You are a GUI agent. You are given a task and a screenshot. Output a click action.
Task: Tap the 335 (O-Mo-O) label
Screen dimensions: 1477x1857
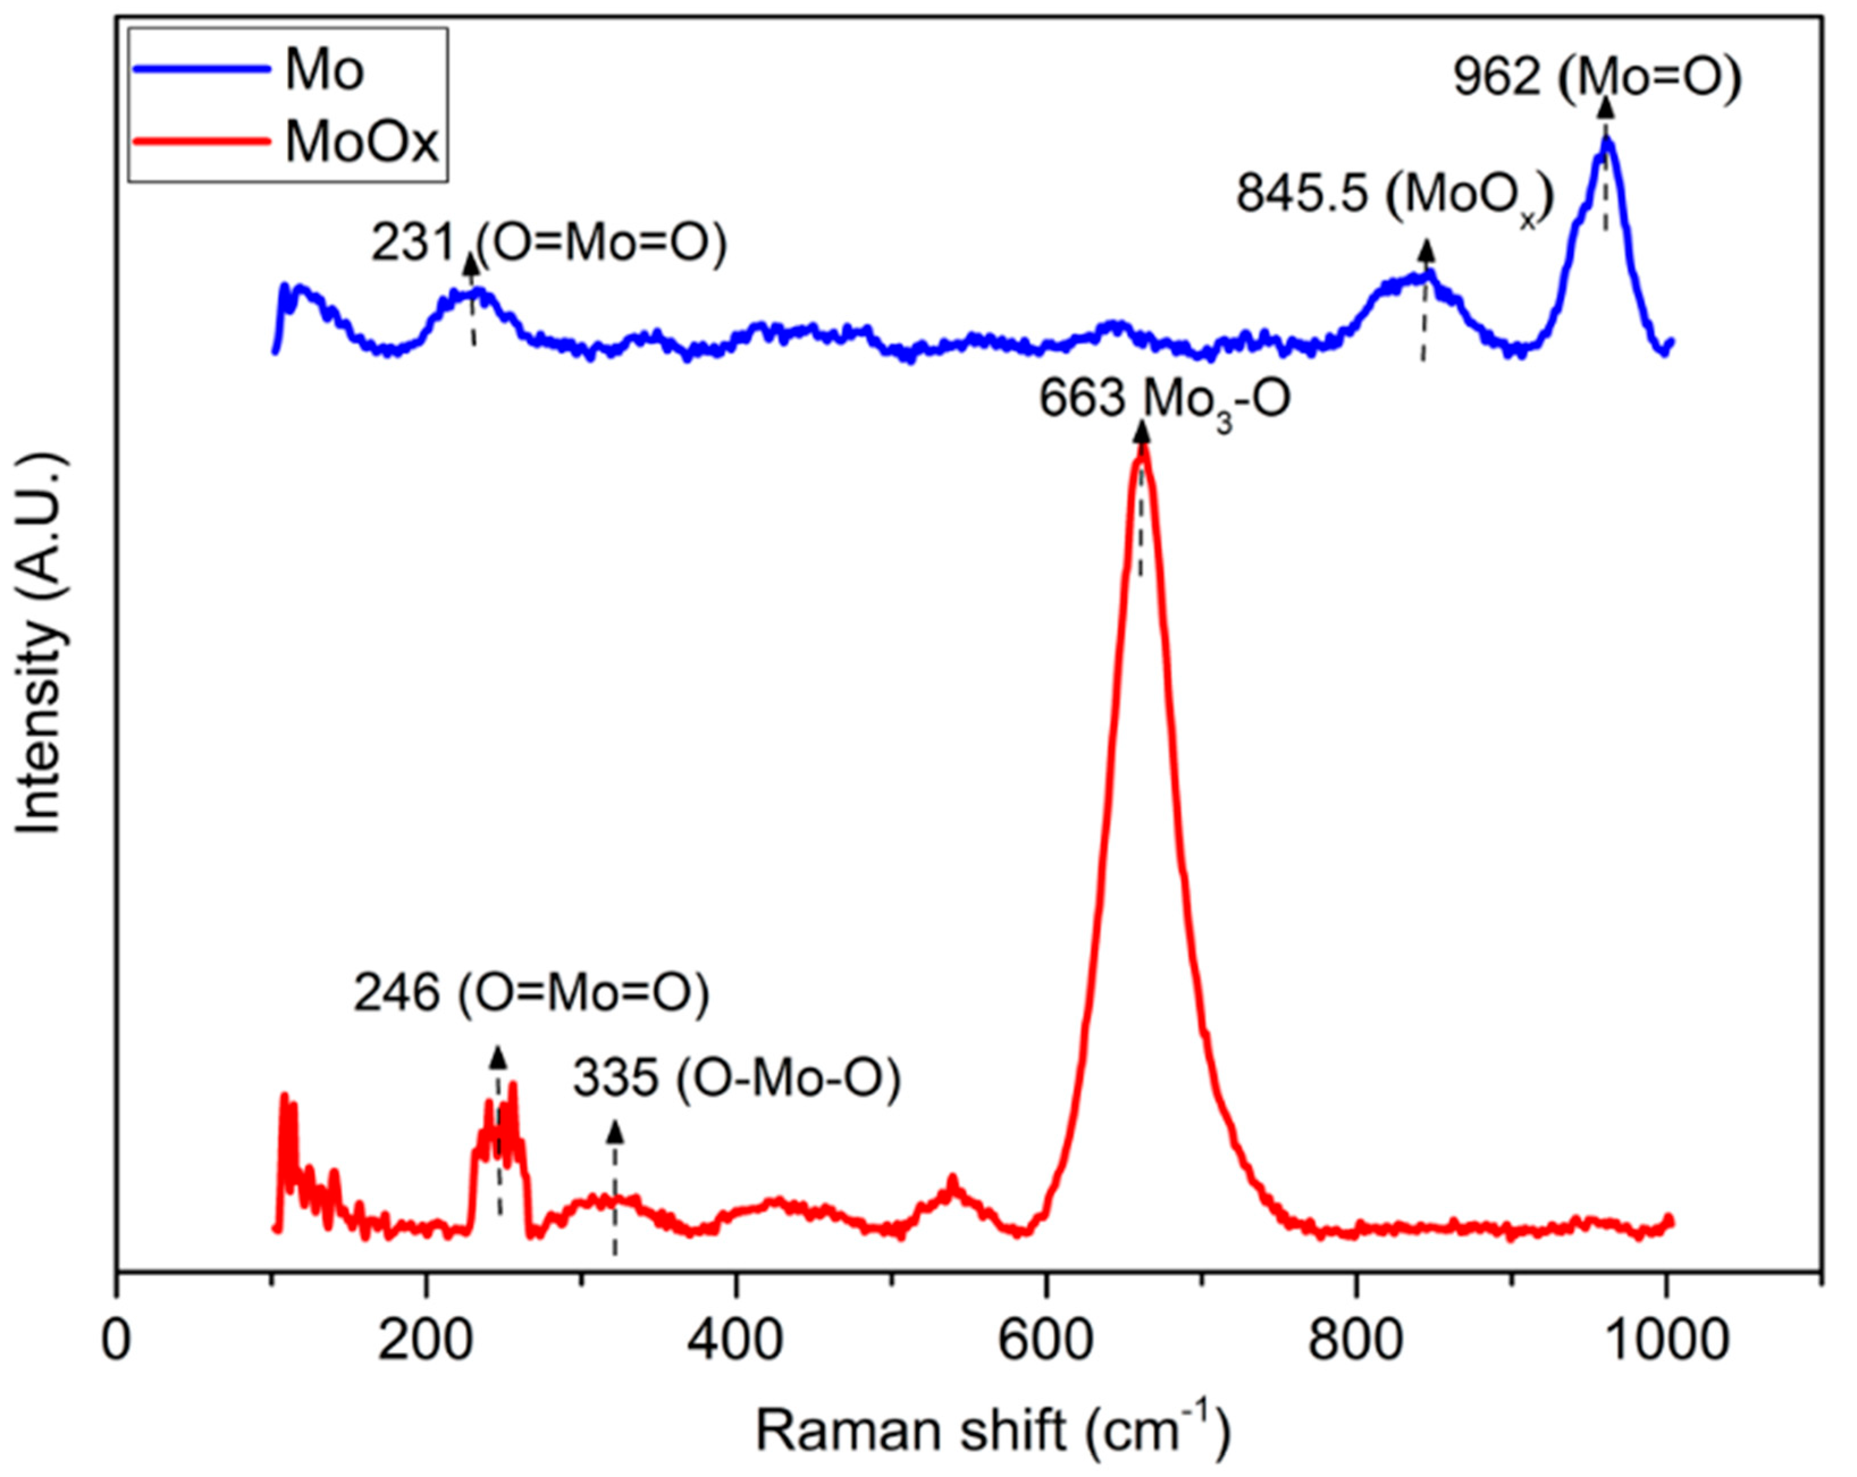[736, 1079]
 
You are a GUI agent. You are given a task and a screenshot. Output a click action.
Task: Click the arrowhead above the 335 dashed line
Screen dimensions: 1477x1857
[615, 1131]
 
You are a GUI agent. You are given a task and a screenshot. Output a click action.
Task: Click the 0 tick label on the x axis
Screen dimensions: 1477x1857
[116, 1342]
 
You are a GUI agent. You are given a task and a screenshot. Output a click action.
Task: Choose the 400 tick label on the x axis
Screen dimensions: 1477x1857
[735, 1342]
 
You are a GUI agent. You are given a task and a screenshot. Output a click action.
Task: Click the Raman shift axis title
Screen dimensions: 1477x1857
[993, 1429]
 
